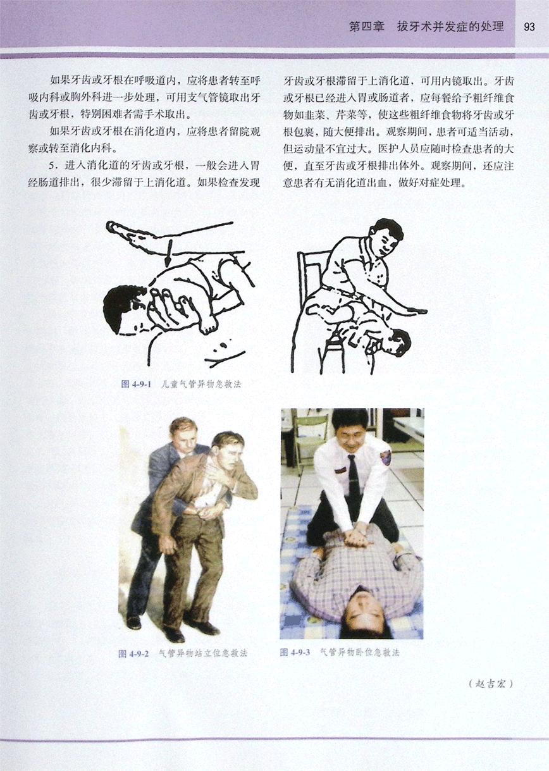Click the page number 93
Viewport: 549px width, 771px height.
[529, 27]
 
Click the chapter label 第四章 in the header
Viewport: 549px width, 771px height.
[367, 27]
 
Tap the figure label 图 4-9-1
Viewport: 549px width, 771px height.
[137, 384]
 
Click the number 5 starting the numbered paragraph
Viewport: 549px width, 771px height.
[52, 166]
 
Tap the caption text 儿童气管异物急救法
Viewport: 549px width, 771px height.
[201, 384]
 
